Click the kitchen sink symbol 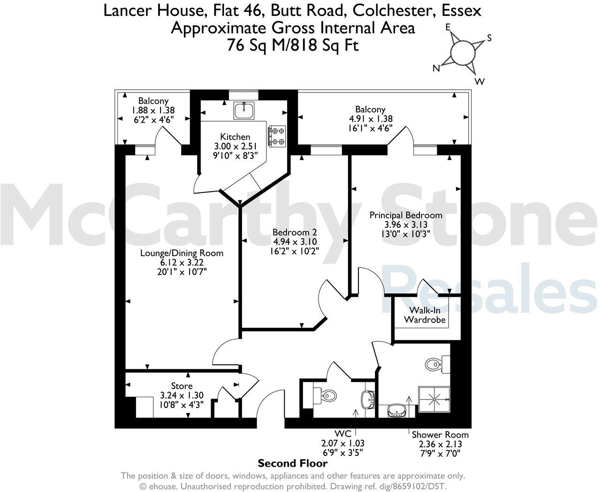point(244,111)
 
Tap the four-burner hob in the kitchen point(276,136)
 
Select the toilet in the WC point(325,395)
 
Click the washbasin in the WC point(368,399)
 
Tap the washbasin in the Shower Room point(396,411)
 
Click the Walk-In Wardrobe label point(420,315)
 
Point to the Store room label point(182,386)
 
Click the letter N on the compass point(436,69)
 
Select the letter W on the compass point(479,82)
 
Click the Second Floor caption point(293,464)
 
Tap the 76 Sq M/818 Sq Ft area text point(293,46)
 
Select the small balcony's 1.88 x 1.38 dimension point(153,110)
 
